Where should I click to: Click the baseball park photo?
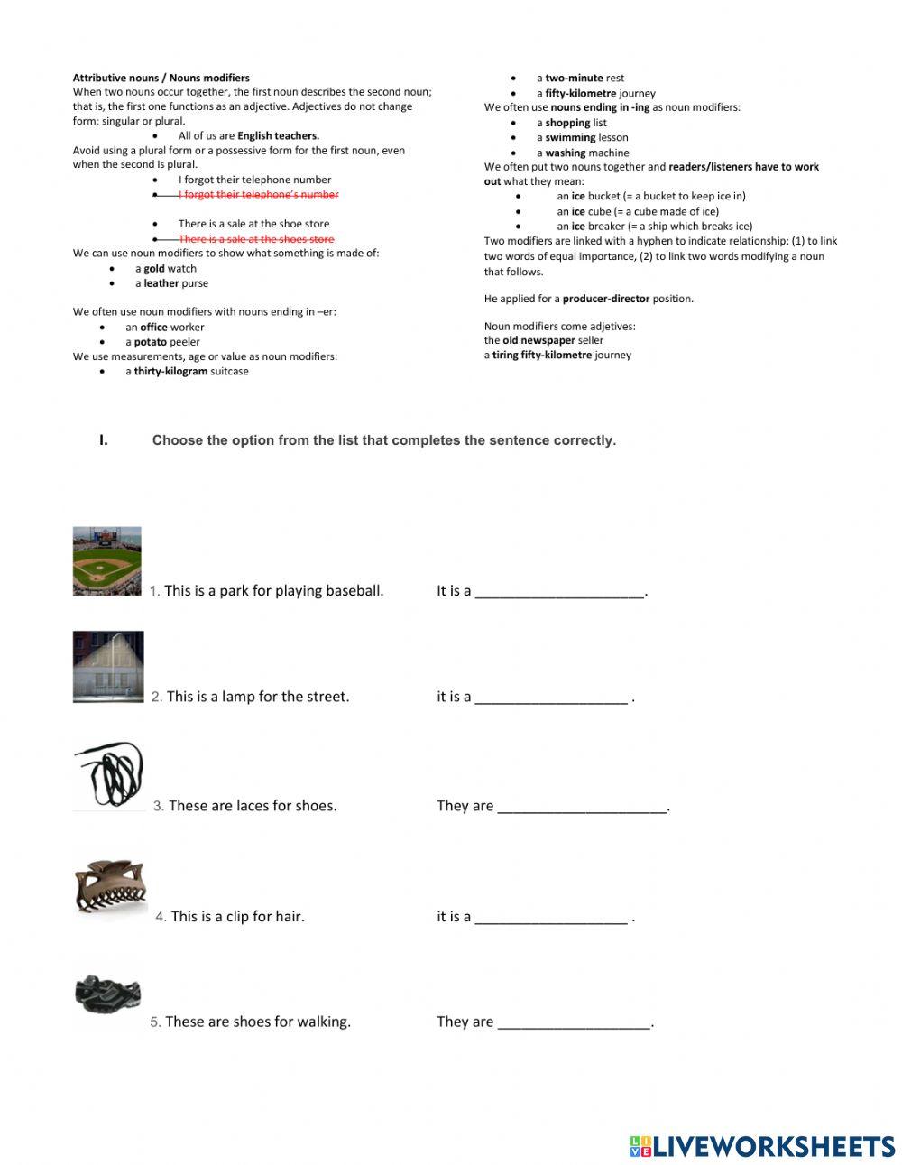(x=106, y=561)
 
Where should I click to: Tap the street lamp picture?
(x=108, y=666)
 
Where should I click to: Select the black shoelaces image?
(x=108, y=777)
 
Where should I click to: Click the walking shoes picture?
(x=107, y=994)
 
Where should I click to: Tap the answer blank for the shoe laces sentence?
(x=582, y=806)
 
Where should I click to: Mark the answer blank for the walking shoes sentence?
(x=574, y=1022)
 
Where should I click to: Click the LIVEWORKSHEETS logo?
(x=762, y=1146)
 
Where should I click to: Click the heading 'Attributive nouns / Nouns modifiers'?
(x=161, y=78)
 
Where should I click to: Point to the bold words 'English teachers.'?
(x=278, y=136)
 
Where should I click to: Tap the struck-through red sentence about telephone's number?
(x=258, y=195)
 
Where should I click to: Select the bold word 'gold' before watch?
(x=154, y=269)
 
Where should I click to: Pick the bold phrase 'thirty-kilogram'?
(x=170, y=372)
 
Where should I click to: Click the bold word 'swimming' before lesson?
(x=570, y=138)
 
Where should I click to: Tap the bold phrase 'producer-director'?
(x=605, y=299)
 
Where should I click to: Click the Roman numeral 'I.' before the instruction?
(x=104, y=440)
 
